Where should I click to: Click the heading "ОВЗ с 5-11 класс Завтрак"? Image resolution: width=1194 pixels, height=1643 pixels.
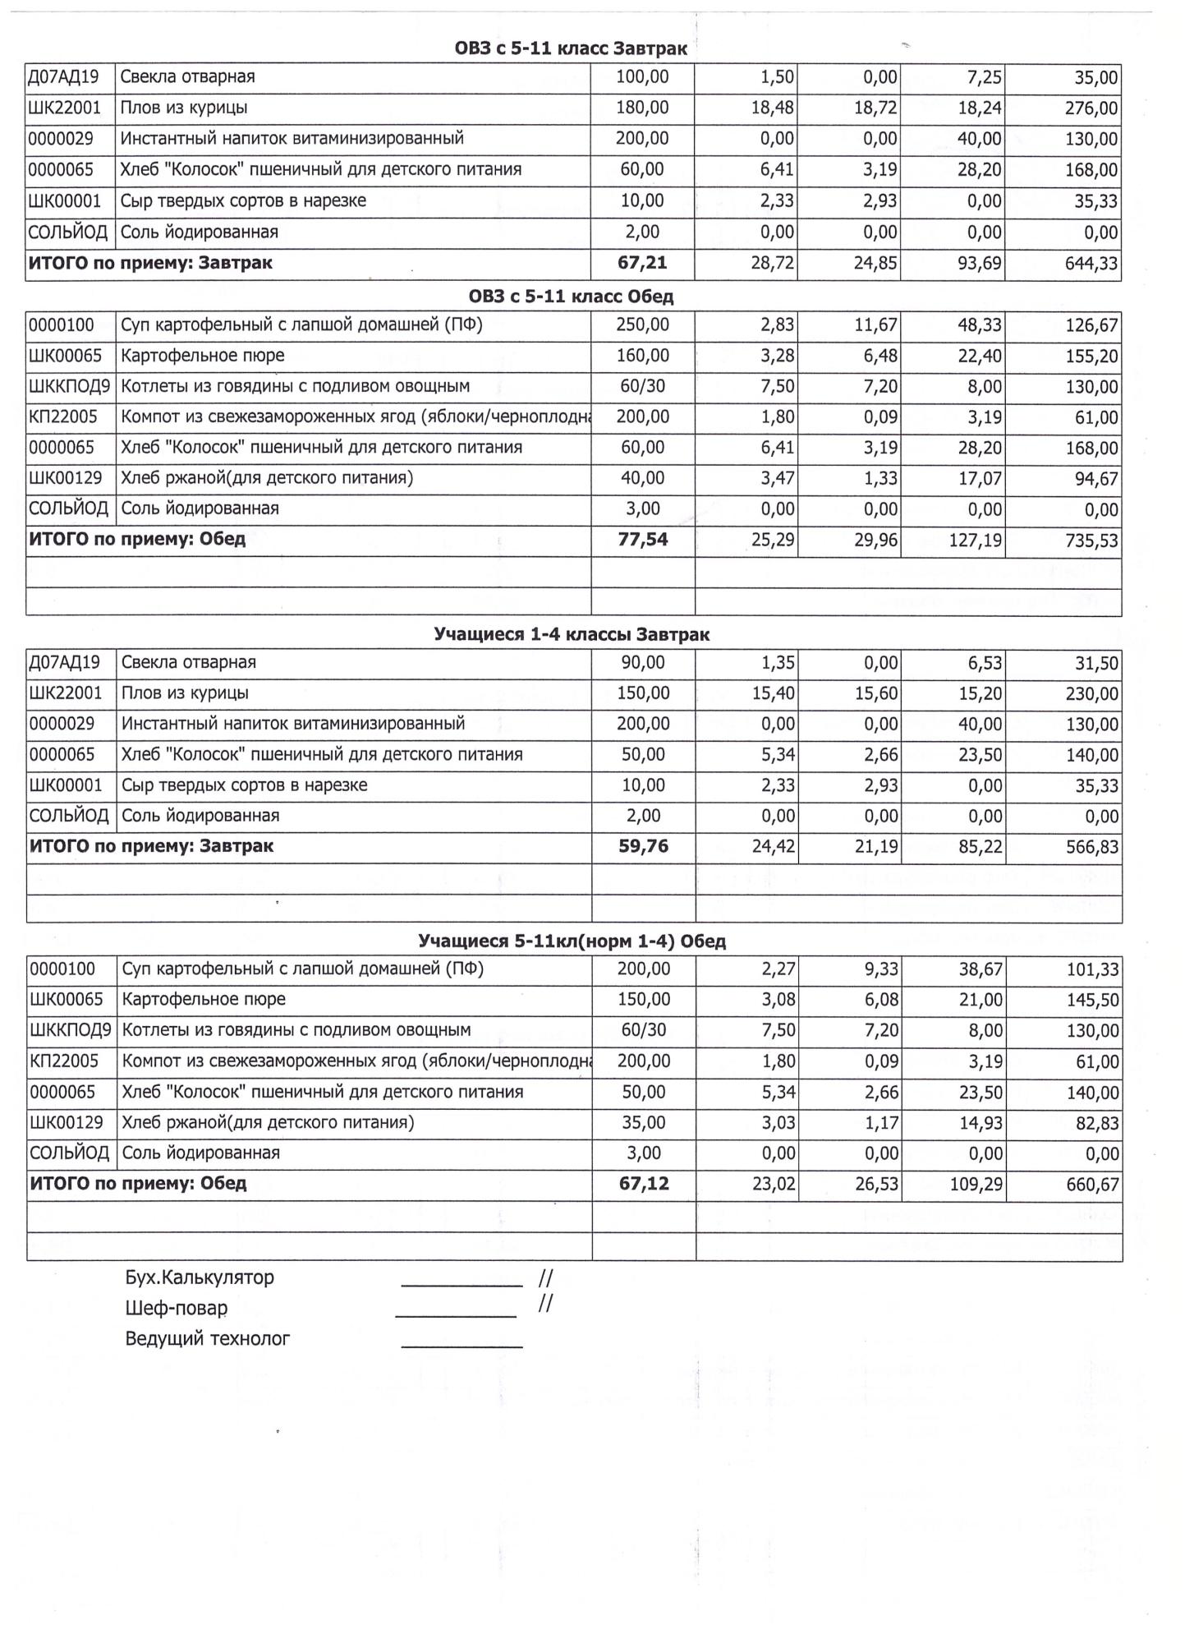tap(571, 48)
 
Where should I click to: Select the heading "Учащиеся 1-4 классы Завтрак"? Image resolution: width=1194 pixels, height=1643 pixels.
tap(572, 635)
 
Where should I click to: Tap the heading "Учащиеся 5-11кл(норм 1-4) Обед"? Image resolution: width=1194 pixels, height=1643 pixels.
tap(572, 941)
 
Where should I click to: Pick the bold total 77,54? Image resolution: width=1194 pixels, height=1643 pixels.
tap(643, 540)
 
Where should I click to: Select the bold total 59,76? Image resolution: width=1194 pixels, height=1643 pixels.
tap(643, 846)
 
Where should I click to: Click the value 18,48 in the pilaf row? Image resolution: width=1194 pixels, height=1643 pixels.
tap(773, 108)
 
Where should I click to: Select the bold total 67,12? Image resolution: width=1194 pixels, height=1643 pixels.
tap(644, 1184)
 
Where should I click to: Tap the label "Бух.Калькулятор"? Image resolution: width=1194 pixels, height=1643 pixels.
tap(200, 1277)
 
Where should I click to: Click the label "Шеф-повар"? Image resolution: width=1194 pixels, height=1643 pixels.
tap(177, 1308)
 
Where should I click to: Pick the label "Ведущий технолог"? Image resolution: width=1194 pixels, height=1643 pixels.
tap(208, 1338)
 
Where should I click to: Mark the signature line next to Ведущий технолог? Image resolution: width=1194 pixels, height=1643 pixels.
tap(462, 1346)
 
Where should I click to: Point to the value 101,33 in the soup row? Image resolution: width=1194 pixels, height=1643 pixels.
tap(1092, 970)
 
